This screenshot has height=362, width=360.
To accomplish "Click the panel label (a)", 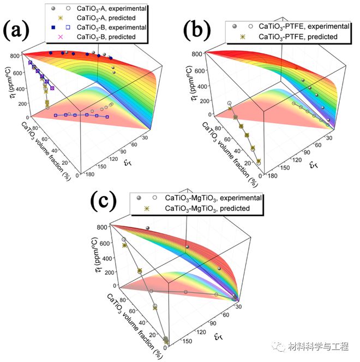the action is pyautogui.click(x=16, y=30).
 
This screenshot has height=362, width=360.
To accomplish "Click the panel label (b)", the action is pyautogui.click(x=197, y=30).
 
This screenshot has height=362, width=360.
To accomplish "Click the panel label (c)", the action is pyautogui.click(x=103, y=201).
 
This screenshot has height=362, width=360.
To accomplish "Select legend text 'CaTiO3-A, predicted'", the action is pyautogui.click(x=106, y=18).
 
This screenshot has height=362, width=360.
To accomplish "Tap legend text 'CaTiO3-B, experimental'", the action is pyautogui.click(x=111, y=27).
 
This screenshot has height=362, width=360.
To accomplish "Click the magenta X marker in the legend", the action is pyautogui.click(x=61, y=37).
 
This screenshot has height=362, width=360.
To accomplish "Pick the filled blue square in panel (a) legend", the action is pyautogui.click(x=53, y=27).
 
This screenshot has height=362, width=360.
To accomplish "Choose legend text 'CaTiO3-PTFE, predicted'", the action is pyautogui.click(x=298, y=37).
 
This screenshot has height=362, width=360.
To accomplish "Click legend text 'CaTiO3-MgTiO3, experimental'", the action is pyautogui.click(x=213, y=198).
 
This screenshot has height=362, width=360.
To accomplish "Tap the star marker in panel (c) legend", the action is pyautogui.click(x=147, y=208).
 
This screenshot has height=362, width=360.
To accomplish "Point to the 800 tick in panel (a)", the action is pyautogui.click(x=15, y=56).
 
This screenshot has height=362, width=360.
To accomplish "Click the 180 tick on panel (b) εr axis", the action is pyautogui.click(x=272, y=176).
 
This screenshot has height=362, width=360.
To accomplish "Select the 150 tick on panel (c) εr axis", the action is pyautogui.click(x=187, y=341).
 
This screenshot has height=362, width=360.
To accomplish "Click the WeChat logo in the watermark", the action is pyautogui.click(x=279, y=346).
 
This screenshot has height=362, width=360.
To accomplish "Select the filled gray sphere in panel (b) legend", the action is pyautogui.click(x=235, y=26).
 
